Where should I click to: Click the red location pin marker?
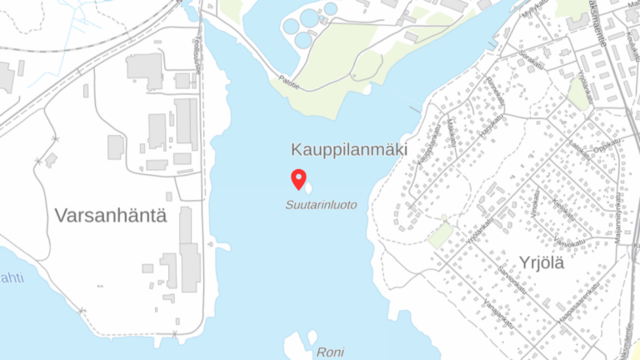298,179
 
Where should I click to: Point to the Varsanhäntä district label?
111,216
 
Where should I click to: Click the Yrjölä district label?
542,263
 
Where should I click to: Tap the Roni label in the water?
330,352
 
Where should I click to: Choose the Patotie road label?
289,82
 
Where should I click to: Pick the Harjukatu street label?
492,127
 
